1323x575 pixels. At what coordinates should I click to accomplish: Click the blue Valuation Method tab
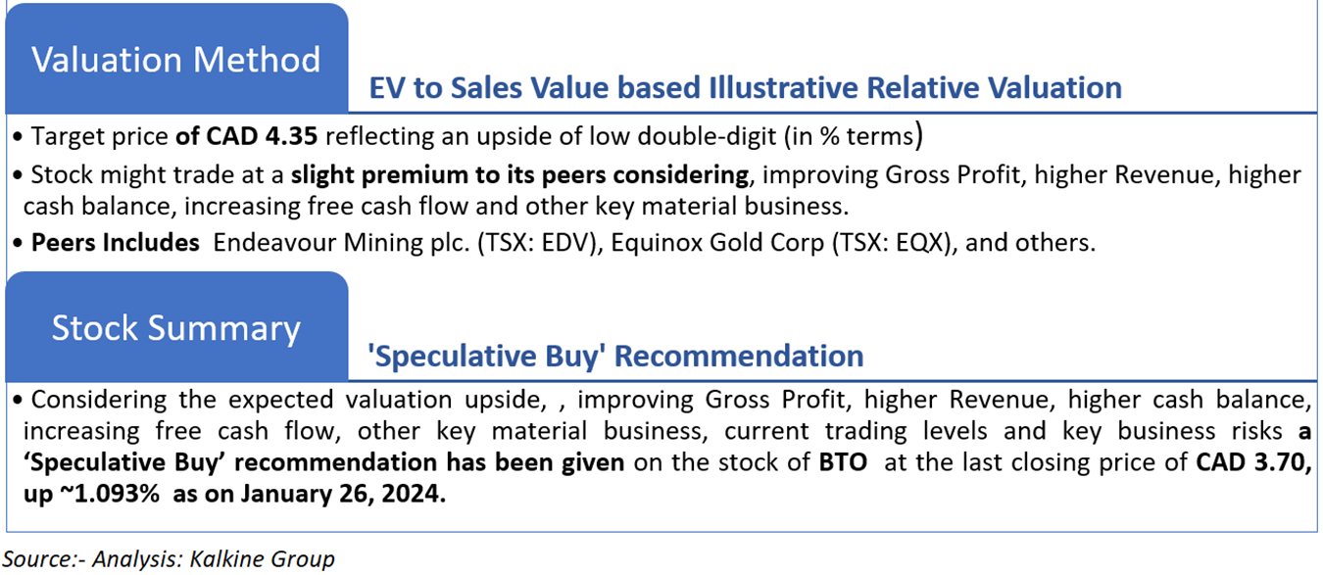[x=176, y=58]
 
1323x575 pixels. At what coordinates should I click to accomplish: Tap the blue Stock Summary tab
[x=176, y=326]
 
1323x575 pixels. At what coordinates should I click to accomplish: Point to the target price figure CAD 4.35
[x=262, y=136]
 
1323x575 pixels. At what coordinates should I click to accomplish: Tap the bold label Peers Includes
[x=116, y=243]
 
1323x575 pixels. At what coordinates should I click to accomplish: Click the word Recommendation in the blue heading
[x=739, y=356]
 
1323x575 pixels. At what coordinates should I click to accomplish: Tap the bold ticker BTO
[x=843, y=462]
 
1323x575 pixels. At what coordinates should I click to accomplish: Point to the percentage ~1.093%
[x=109, y=494]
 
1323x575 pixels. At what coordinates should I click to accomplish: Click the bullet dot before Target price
[x=18, y=137]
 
